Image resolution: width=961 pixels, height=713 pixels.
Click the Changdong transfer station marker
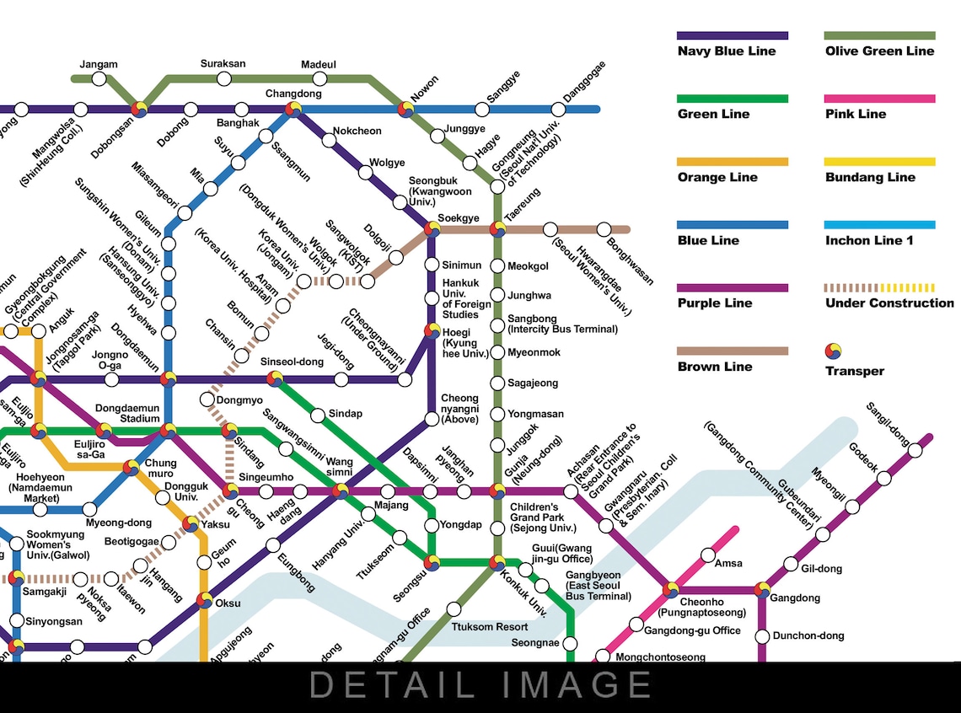(x=293, y=109)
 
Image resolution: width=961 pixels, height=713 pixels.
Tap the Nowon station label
(x=424, y=89)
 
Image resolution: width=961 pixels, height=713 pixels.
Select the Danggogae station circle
(x=558, y=110)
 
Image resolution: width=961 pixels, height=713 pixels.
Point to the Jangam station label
(x=99, y=65)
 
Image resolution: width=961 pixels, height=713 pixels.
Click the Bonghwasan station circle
(x=604, y=229)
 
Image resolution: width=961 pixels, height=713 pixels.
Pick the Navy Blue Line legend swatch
(x=733, y=36)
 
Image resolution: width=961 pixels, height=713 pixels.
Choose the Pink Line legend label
(x=856, y=114)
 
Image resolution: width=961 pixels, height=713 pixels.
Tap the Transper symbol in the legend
(x=834, y=351)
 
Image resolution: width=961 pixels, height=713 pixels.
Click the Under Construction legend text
(x=889, y=303)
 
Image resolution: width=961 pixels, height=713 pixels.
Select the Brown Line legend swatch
(x=733, y=351)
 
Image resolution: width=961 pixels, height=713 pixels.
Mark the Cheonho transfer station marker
(x=671, y=590)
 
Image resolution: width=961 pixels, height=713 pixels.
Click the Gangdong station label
(x=796, y=598)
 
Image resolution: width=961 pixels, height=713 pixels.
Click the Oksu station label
(x=228, y=603)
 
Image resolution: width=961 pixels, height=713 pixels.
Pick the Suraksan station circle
(x=224, y=79)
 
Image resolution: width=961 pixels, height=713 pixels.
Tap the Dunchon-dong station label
(x=808, y=636)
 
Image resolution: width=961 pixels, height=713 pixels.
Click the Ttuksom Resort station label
(x=490, y=627)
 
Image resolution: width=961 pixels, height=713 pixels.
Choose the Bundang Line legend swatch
(x=880, y=162)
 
